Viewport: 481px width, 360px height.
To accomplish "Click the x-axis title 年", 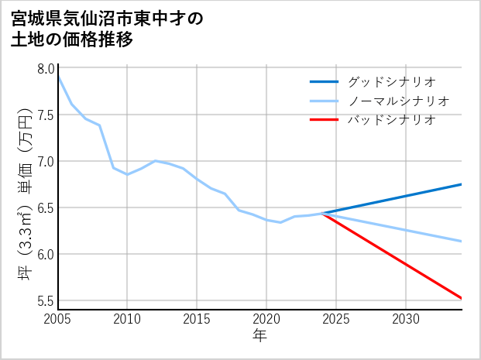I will point(259,335).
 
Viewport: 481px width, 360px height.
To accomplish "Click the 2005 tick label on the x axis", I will point(58,319).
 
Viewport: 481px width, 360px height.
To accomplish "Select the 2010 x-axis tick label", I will point(127,319).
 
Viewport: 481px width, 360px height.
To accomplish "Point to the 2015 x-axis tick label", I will point(197,319).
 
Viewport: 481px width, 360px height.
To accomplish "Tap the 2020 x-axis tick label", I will point(266,319).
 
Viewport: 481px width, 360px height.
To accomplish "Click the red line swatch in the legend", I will point(324,120).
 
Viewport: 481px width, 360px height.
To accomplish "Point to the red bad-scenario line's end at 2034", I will point(462,298).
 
